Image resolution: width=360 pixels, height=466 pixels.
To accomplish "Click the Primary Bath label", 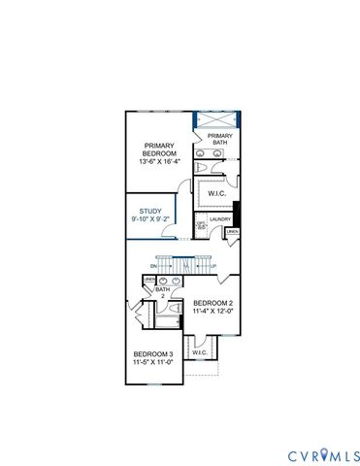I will point(219,139).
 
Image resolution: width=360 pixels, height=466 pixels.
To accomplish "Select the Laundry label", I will point(221,219).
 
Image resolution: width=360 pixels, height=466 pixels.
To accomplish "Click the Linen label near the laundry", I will point(233,232).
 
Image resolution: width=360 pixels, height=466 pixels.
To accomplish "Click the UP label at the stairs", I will point(213,266).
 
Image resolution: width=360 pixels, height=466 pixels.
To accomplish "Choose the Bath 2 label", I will point(163,291).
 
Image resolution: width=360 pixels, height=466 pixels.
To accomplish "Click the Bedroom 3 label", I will point(152,352).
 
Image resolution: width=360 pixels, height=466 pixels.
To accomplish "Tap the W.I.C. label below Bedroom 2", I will point(199,352).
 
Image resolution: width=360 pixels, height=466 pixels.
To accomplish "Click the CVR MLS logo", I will point(324,455).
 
